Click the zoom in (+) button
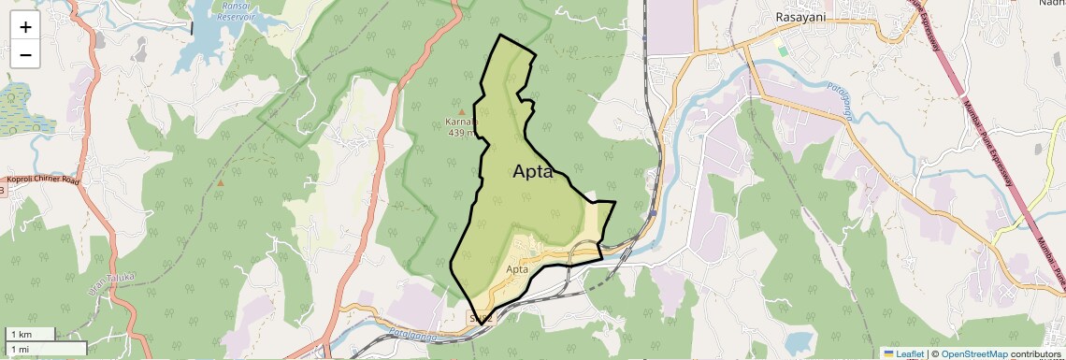pos(25,27)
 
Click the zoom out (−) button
pos(25,54)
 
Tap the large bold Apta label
pos(533,172)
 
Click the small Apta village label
pos(518,269)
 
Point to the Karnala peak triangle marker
pos(461,112)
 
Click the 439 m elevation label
pos(462,133)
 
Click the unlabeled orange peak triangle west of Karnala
pos(220,183)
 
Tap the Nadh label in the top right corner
pos(1050,4)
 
